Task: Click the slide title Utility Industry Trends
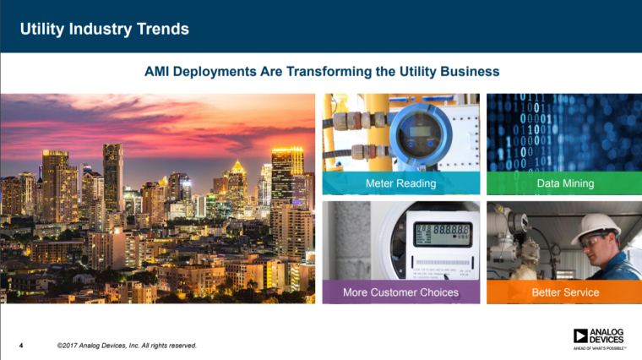point(105,30)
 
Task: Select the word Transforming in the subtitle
point(326,72)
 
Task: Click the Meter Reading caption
point(400,183)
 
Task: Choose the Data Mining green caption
point(565,183)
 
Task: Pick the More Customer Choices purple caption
point(400,292)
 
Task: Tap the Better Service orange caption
point(565,292)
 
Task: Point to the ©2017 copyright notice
point(127,345)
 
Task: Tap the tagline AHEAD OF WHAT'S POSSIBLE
point(599,347)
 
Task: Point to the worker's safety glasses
point(595,241)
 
